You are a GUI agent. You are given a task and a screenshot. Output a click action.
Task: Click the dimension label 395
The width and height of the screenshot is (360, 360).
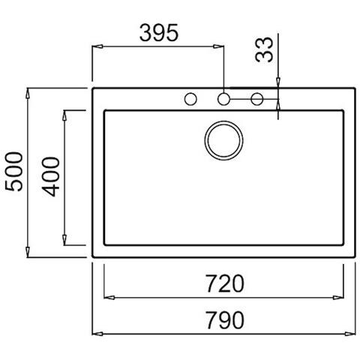(159, 33)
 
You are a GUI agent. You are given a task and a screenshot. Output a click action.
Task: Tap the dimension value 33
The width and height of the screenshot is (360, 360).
(264, 49)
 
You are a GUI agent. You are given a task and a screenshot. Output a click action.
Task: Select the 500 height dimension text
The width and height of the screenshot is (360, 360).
(14, 172)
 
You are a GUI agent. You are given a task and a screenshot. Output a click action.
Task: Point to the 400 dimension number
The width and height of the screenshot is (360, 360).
(51, 177)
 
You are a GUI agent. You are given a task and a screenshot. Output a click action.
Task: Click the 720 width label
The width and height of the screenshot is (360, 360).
(224, 283)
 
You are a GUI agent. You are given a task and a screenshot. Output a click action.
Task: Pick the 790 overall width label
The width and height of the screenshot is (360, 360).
(224, 320)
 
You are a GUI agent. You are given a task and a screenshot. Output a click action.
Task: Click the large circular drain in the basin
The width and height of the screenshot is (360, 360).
(223, 140)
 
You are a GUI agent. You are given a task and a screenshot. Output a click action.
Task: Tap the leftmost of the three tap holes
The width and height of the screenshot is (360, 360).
(190, 99)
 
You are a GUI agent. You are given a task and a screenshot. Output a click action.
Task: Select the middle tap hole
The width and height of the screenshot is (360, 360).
(223, 99)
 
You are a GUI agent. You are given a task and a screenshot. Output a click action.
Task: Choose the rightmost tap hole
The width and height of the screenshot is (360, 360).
(257, 99)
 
